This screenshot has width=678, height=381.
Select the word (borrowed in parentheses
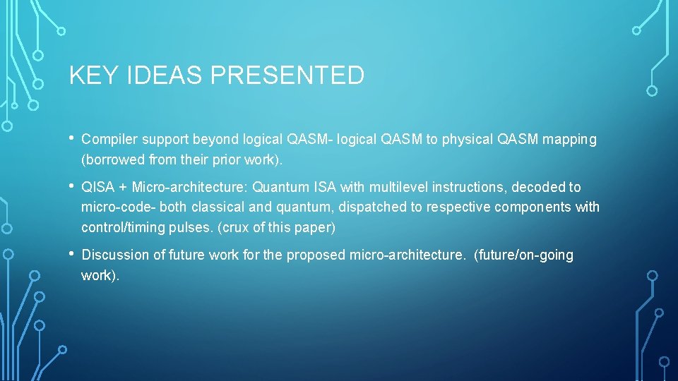[114, 160]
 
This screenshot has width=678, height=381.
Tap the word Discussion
[114, 255]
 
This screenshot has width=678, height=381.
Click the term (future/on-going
[523, 255]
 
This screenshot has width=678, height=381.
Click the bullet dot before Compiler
[72, 138]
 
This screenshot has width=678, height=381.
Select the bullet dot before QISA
[72, 186]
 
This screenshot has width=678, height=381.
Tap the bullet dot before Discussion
[72, 254]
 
